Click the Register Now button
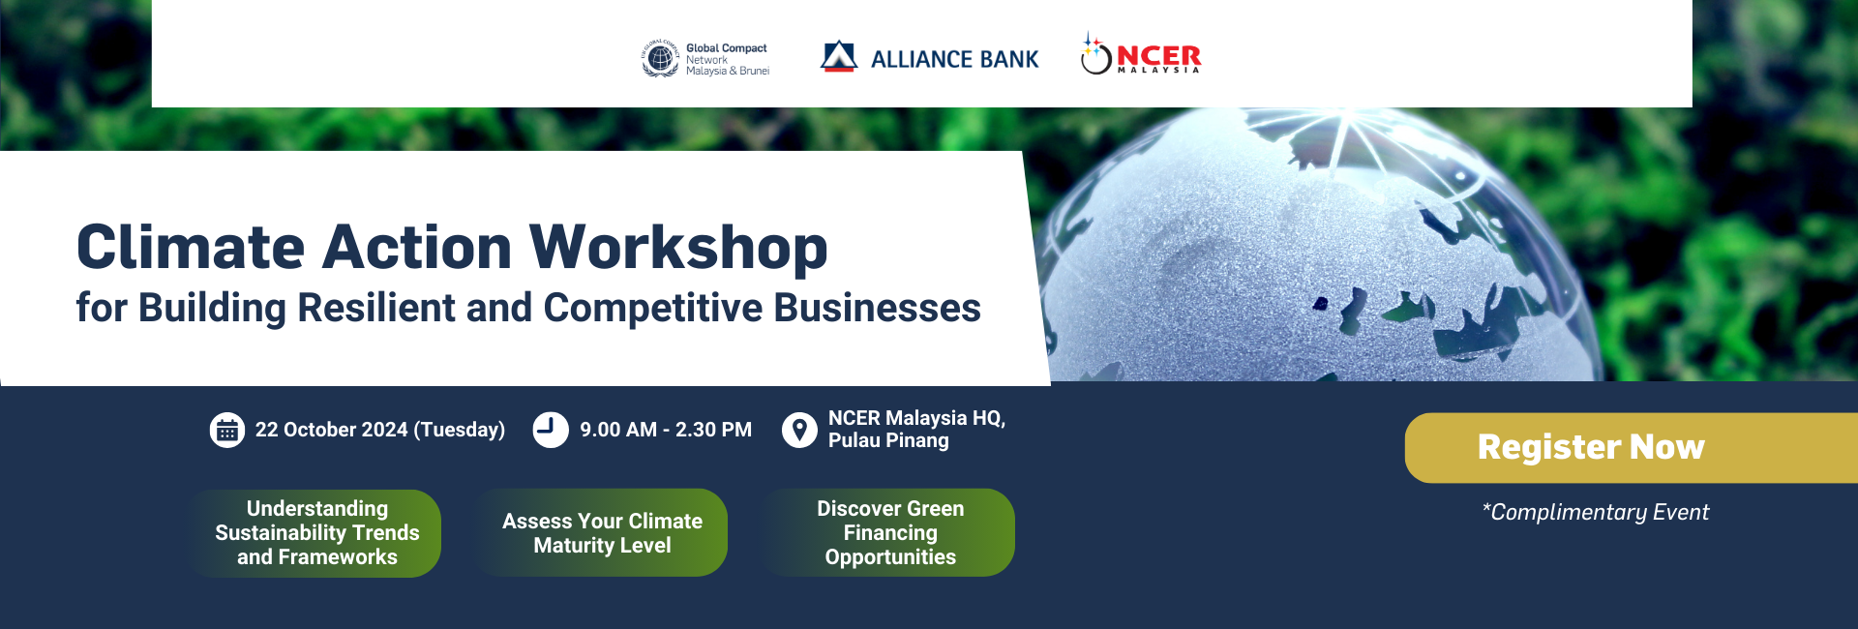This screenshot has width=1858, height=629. pos(1631,448)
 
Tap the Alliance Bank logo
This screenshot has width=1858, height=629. pos(929,58)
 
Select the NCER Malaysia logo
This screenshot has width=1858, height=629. pos(1141,54)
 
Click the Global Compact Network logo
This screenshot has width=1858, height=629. pos(705,59)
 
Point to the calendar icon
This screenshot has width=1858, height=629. pos(227,430)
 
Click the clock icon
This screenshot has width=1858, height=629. pos(551,430)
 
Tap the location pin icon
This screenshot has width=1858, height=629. pos(799,430)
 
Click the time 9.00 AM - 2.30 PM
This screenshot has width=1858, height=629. pos(666,430)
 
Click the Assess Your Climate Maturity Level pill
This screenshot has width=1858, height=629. pos(601,533)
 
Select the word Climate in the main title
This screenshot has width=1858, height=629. pos(191,247)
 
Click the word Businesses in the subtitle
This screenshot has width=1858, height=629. pos(877,308)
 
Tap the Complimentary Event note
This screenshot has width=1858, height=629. pos(1596,512)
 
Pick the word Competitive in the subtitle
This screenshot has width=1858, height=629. pos(653,308)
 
